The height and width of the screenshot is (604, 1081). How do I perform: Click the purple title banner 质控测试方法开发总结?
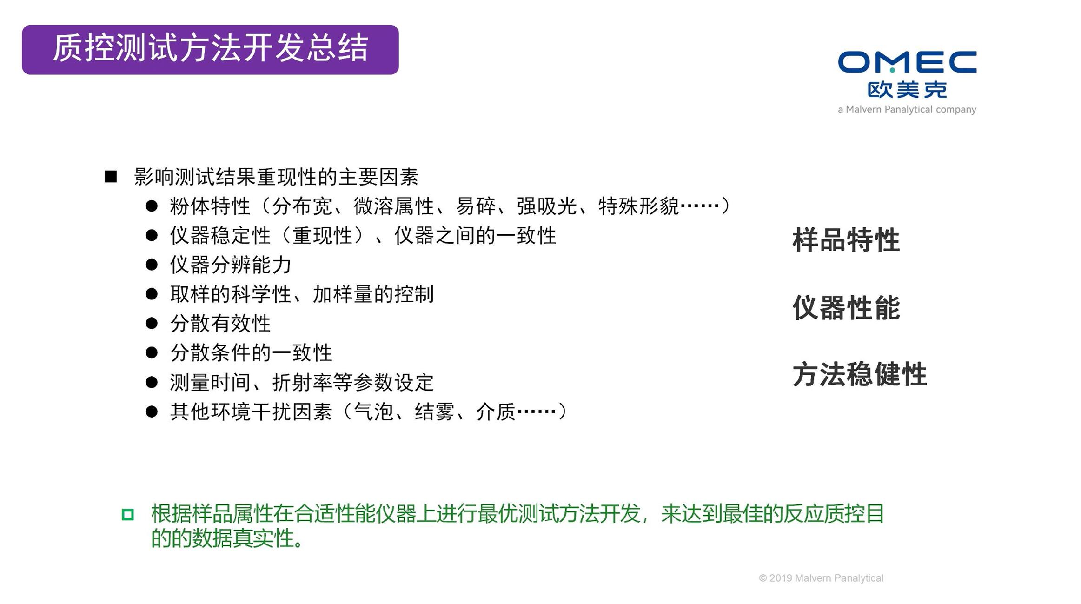210,50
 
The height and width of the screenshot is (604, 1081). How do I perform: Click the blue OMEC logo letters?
907,62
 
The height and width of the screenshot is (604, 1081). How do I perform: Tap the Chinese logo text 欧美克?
907,90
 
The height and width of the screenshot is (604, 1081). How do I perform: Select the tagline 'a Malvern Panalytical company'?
907,109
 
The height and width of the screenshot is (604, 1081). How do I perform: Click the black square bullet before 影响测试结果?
111,177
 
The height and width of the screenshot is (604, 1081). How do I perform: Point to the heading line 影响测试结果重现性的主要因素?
276,177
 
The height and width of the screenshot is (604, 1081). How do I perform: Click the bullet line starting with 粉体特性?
449,206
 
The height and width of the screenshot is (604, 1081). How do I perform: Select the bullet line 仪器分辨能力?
231,265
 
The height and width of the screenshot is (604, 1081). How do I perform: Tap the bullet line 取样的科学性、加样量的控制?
302,294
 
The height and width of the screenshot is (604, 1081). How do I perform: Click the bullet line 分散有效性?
220,323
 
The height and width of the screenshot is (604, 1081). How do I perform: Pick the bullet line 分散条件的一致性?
251,352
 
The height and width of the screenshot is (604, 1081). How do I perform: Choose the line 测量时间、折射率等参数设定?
302,382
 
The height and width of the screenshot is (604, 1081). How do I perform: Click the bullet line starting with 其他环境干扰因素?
368,412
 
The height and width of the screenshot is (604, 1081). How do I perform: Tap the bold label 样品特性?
846,240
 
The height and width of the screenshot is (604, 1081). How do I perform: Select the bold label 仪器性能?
846,307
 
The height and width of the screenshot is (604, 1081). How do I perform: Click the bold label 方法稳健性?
860,374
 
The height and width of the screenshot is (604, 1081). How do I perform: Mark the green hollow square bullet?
128,514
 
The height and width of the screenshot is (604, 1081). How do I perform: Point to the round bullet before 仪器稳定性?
152,235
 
